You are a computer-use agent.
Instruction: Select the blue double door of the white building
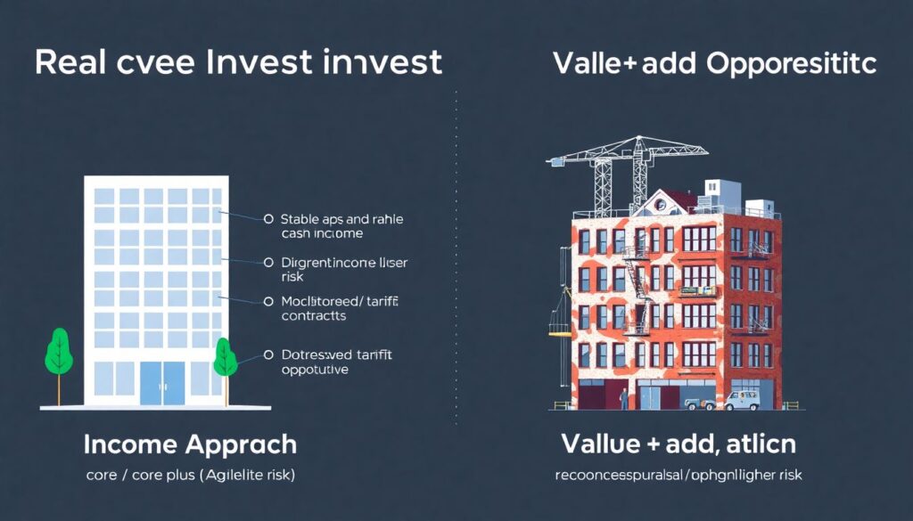click(162, 382)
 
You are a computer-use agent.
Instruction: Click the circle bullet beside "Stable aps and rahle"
click(267, 218)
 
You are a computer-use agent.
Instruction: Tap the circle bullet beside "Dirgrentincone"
click(267, 263)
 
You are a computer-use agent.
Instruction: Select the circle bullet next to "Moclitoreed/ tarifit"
click(267, 301)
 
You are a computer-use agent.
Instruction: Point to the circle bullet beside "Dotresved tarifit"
click(267, 354)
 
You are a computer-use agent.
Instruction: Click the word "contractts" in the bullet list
click(314, 316)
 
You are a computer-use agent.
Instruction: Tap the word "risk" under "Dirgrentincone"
click(292, 277)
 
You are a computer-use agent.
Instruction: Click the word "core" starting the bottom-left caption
click(102, 476)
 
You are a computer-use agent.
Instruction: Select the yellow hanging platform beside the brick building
click(559, 333)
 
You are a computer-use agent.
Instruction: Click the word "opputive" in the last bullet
click(314, 370)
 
